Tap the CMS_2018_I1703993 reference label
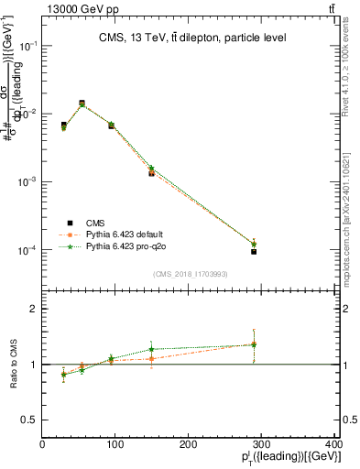191,274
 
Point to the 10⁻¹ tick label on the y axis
28,46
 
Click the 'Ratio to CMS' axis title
13,365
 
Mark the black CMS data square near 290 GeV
254,251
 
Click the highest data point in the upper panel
82,104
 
